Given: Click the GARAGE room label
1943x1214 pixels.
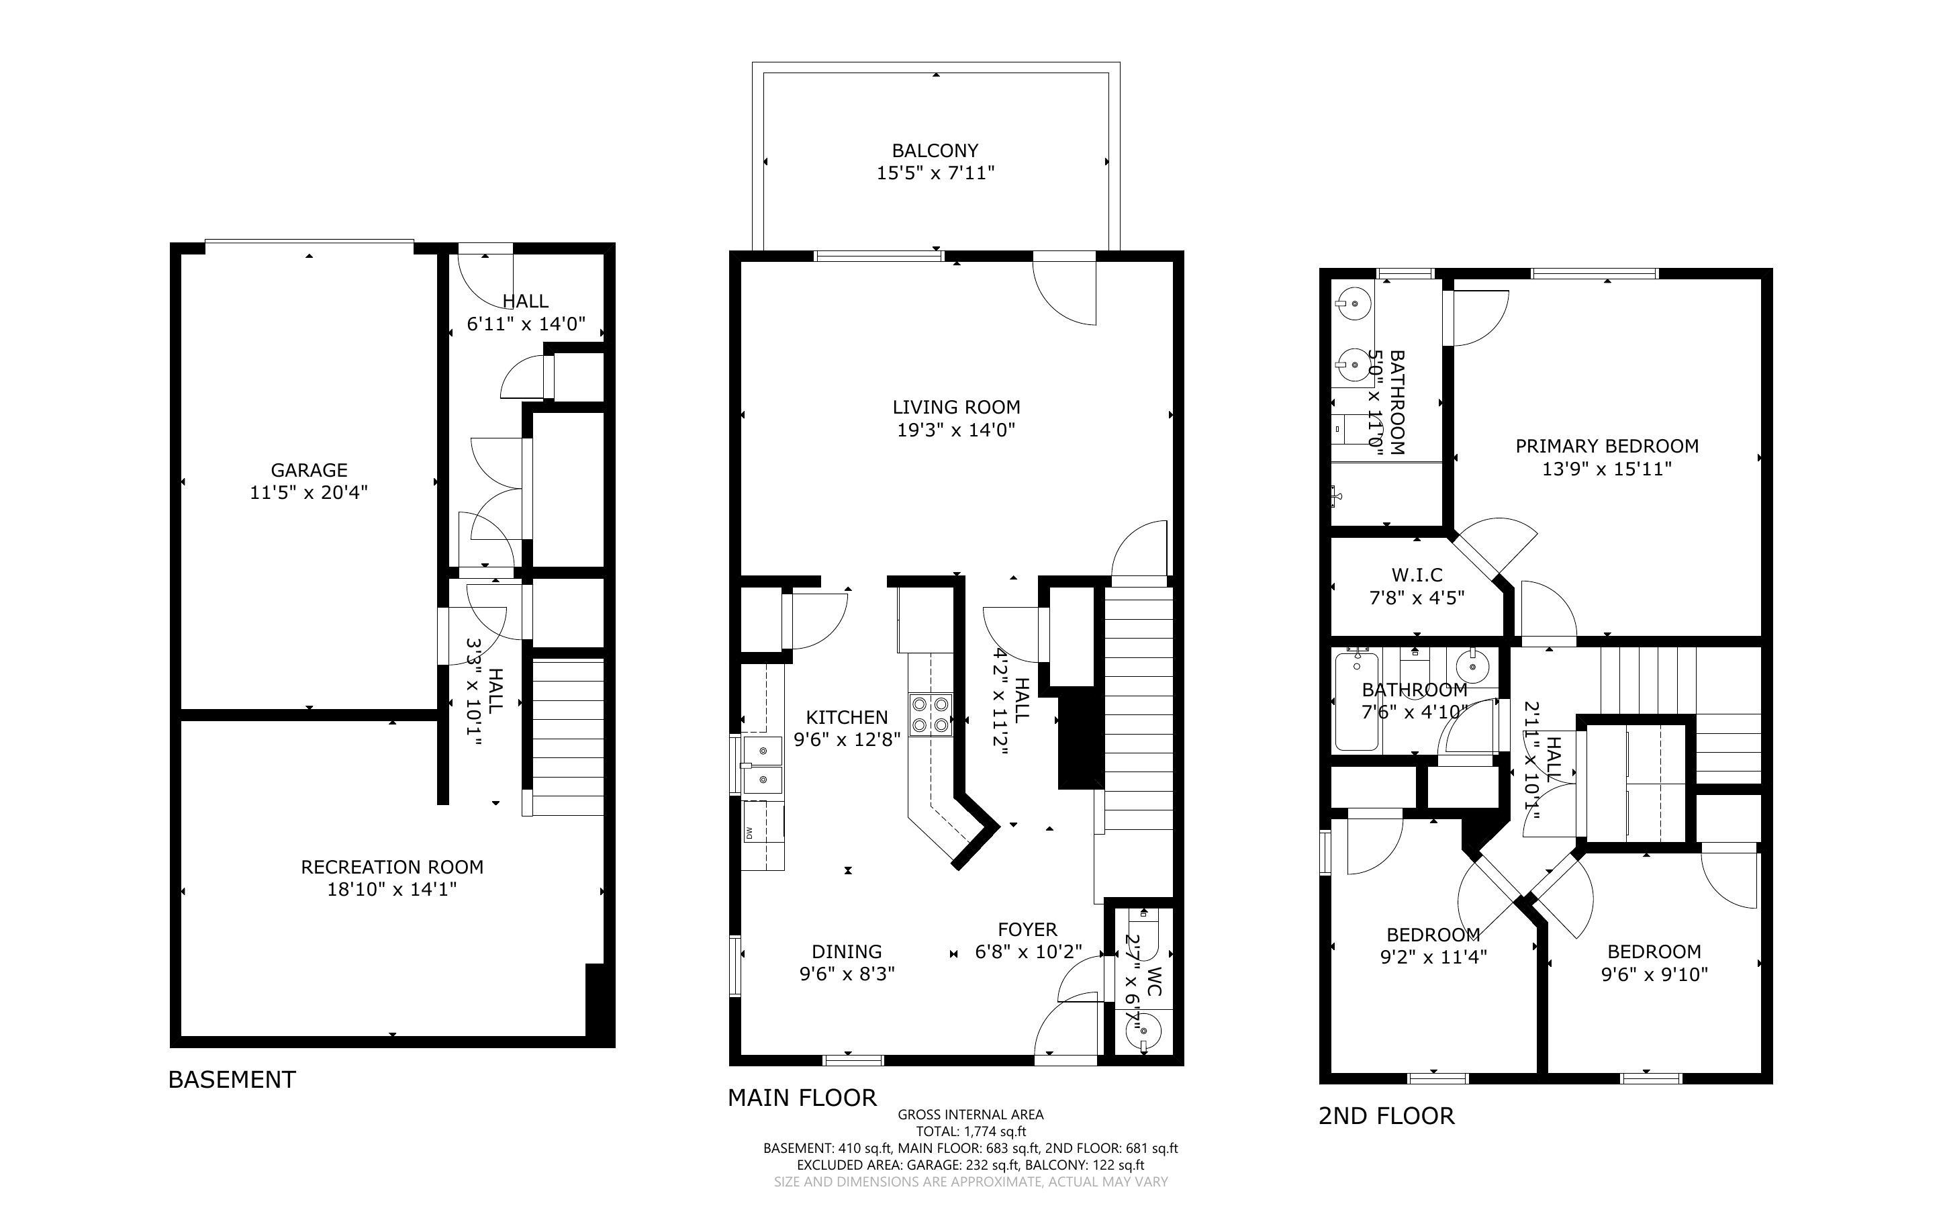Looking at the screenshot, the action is pyautogui.click(x=309, y=470).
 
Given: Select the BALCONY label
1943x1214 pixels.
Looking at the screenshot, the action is pyautogui.click(x=935, y=150).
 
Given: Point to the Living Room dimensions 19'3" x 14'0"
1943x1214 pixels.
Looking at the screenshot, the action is pyautogui.click(x=956, y=430).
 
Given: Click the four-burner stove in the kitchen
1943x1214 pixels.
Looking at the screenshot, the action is pyautogui.click(x=930, y=714).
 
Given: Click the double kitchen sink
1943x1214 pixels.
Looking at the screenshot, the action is pyautogui.click(x=761, y=765).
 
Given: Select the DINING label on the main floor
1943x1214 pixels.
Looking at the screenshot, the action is pyautogui.click(x=847, y=951).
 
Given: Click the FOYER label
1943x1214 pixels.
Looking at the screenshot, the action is pyautogui.click(x=1027, y=929).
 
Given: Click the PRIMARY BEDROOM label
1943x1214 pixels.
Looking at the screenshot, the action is pyautogui.click(x=1607, y=446).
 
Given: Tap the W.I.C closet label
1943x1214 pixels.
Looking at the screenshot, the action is pyautogui.click(x=1417, y=575).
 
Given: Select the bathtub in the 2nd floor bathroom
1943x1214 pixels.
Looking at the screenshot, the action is pyautogui.click(x=1356, y=702).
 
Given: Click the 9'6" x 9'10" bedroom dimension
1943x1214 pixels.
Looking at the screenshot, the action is pyautogui.click(x=1654, y=974).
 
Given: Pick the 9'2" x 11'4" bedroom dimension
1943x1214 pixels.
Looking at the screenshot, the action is pyautogui.click(x=1433, y=956).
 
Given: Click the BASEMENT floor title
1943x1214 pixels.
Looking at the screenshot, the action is pyautogui.click(x=232, y=1079).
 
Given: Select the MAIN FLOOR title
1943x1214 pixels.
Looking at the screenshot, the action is pyautogui.click(x=802, y=1098).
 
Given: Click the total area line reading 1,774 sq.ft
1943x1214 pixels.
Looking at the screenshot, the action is pyautogui.click(x=970, y=1131).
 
